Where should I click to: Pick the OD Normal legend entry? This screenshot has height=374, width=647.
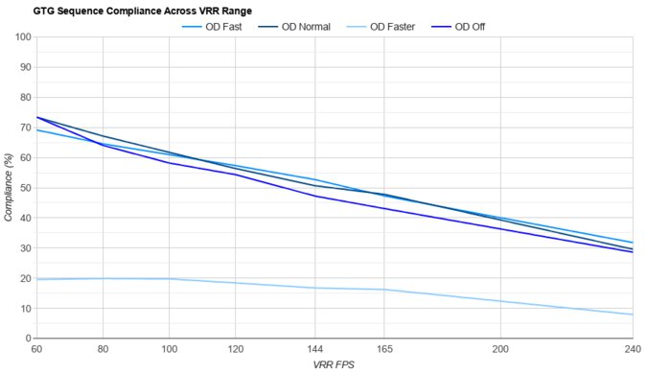point(306,27)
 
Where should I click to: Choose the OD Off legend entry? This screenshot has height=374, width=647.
point(470,27)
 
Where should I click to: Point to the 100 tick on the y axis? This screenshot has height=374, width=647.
point(22,36)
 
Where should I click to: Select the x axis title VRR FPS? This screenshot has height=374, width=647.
point(335,365)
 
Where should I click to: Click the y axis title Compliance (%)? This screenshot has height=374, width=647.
point(9,188)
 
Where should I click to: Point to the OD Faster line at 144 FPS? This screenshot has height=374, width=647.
point(316,288)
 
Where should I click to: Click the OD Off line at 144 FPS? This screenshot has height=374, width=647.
point(316,196)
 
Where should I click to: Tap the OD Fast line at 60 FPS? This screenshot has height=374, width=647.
point(36,129)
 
